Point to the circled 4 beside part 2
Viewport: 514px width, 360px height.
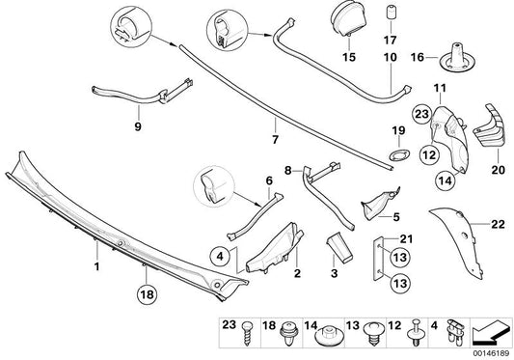(220, 256)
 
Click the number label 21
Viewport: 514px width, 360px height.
(406, 239)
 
